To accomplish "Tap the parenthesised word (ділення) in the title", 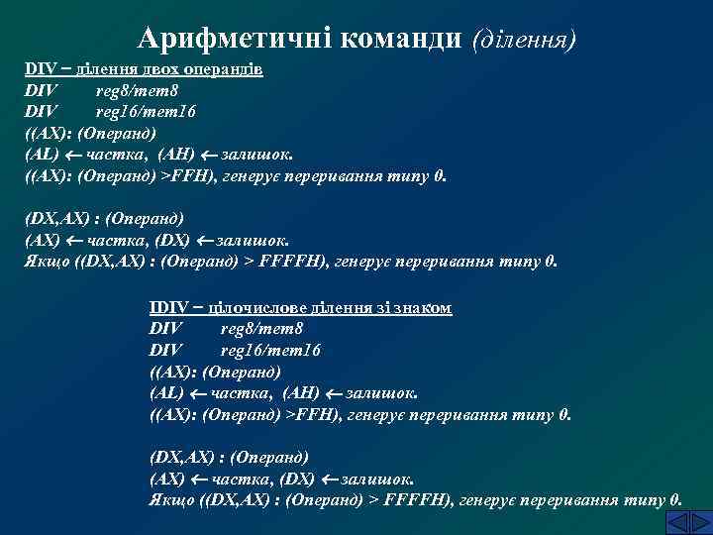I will (x=526, y=39).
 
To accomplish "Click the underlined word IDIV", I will (x=168, y=308).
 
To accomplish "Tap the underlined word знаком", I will (x=422, y=308).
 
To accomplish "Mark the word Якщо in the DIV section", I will (x=45, y=263).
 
